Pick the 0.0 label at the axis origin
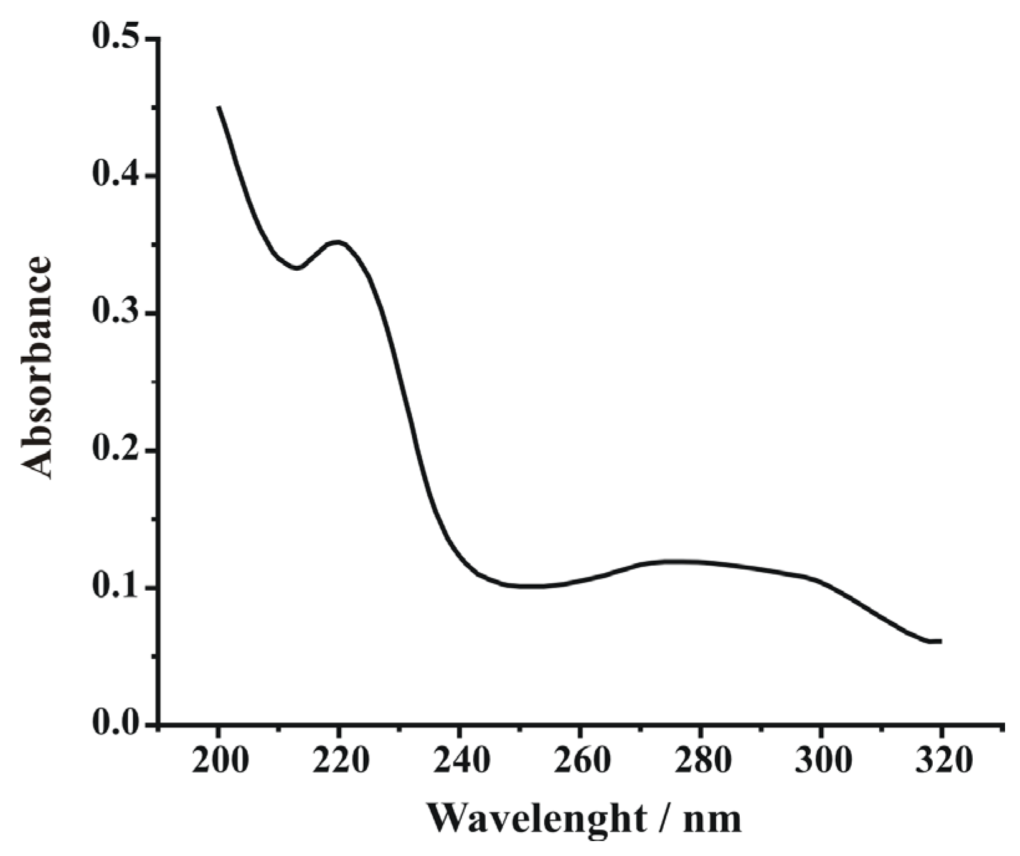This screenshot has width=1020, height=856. click(x=116, y=724)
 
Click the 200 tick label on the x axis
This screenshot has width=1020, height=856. click(x=219, y=760)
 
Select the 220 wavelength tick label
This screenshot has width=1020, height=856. click(x=339, y=760)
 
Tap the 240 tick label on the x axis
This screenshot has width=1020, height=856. click(x=460, y=760)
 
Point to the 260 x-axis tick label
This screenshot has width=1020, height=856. click(x=580, y=760)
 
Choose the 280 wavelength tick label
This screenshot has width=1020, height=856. click(x=701, y=760)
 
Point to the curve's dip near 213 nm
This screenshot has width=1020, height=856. click(x=298, y=268)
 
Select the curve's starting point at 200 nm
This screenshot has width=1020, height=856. click(x=219, y=108)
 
